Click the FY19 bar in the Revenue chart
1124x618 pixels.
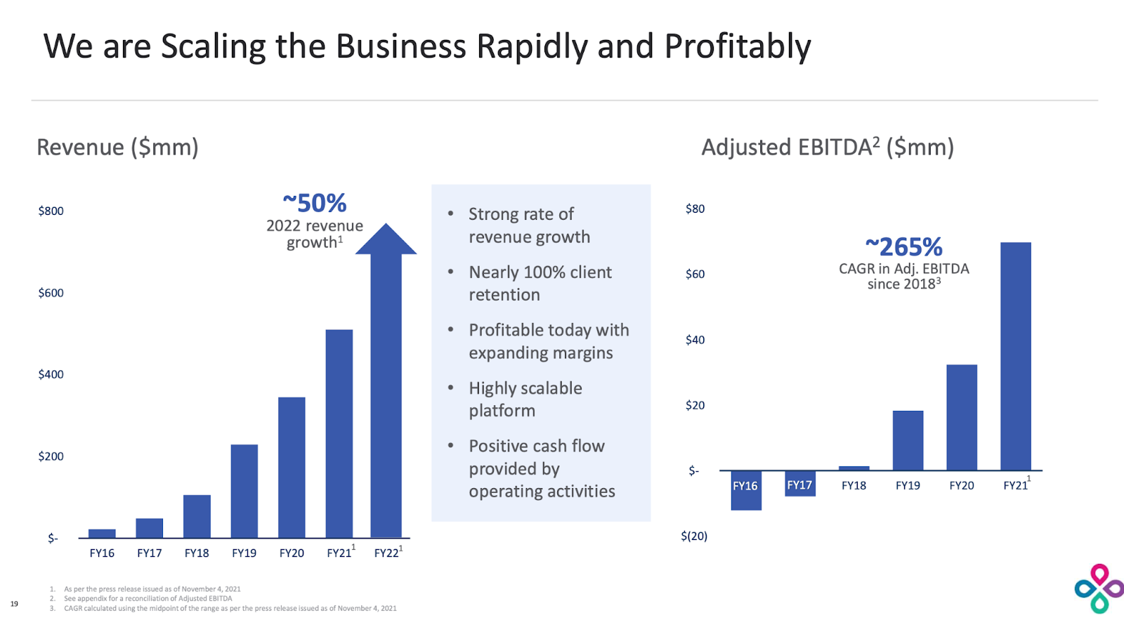point(244,491)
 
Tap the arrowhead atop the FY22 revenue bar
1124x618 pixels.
point(386,239)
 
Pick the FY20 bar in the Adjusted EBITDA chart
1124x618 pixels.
point(961,417)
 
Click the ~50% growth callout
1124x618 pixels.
point(314,204)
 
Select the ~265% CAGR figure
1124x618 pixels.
point(903,247)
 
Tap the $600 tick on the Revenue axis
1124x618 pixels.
point(51,293)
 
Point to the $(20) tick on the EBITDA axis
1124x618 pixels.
point(693,536)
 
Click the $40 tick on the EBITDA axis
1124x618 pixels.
point(695,340)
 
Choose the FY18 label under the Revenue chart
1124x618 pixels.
point(197,553)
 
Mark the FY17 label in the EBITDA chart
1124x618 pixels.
point(799,485)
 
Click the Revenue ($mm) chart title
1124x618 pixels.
point(117,147)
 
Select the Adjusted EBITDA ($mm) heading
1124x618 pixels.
point(827,147)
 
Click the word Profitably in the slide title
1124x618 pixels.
point(737,46)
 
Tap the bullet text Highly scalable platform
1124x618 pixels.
point(525,399)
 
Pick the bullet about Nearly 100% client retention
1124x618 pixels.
point(540,283)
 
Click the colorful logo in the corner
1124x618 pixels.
point(1099,589)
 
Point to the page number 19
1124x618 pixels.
point(14,603)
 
